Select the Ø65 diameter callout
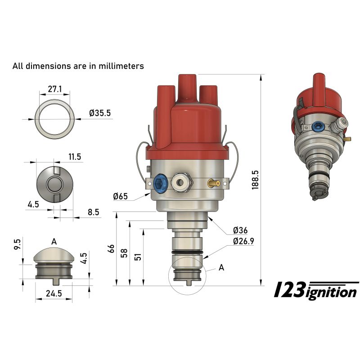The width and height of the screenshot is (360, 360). tap(121, 196)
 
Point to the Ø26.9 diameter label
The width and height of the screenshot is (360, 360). tap(244, 241)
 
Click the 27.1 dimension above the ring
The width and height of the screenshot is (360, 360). tap(54, 89)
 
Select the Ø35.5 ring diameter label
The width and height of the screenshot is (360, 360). tap(100, 113)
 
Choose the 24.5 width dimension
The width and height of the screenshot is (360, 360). tap(53, 294)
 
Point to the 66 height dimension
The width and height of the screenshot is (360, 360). tap(111, 249)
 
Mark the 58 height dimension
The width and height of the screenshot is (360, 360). tap(125, 253)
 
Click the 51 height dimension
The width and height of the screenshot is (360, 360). tap(138, 256)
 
